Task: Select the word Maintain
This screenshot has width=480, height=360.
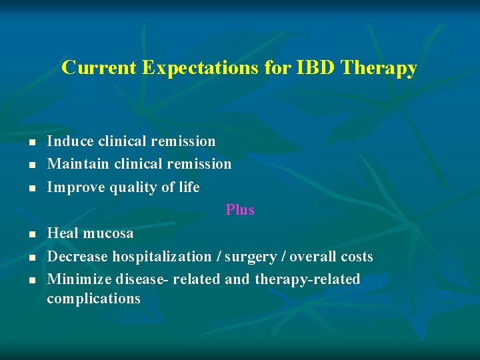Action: click(x=79, y=164)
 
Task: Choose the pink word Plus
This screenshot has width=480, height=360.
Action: click(x=240, y=210)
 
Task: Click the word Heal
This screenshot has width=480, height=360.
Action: click(x=63, y=233)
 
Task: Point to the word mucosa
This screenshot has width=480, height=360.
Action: click(x=108, y=233)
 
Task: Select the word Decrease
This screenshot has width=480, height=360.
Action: click(x=77, y=257)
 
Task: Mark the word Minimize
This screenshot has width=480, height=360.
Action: click(x=78, y=279)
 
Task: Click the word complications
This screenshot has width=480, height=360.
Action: click(x=93, y=299)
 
